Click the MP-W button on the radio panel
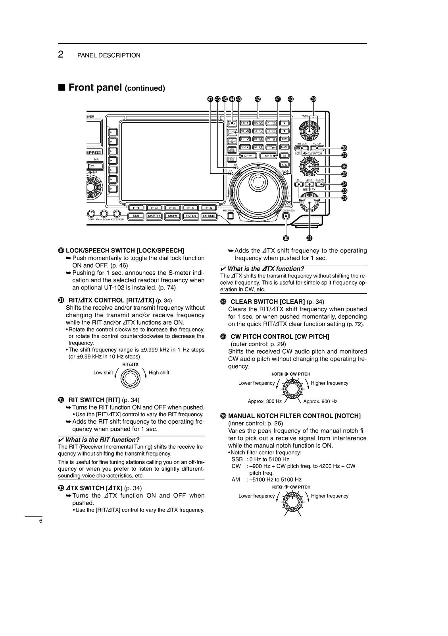coord(246,156)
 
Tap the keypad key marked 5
coord(258,131)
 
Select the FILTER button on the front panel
coord(191,216)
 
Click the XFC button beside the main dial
coord(284,164)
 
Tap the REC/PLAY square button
coord(231,216)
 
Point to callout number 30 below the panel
coord(286,238)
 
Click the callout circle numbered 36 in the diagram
coord(344,166)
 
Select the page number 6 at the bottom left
coord(40,521)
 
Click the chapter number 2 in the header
coord(61,55)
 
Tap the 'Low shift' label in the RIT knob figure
coord(103,372)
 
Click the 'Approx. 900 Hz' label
coord(320,401)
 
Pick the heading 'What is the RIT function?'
coord(102,440)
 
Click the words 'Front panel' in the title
coord(95,87)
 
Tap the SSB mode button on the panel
coord(136,216)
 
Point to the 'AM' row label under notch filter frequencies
coord(236,480)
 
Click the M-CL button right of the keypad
coord(284,147)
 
